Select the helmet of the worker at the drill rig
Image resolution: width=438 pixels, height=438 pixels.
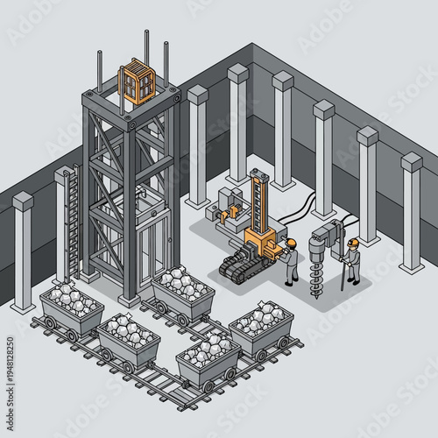tap(292, 243)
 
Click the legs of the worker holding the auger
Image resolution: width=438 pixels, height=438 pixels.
tap(353, 273)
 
